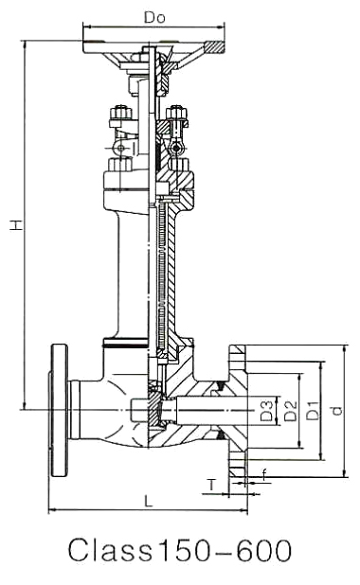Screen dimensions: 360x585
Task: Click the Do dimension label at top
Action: [x=154, y=18]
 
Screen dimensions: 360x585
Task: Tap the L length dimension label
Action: [x=149, y=501]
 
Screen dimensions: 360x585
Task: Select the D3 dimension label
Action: [x=267, y=411]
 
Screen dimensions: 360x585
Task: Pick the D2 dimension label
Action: [x=290, y=411]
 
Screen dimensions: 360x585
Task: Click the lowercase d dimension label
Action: [x=336, y=411]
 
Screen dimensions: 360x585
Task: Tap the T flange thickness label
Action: [x=212, y=485]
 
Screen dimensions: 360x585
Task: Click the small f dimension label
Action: [x=264, y=475]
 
